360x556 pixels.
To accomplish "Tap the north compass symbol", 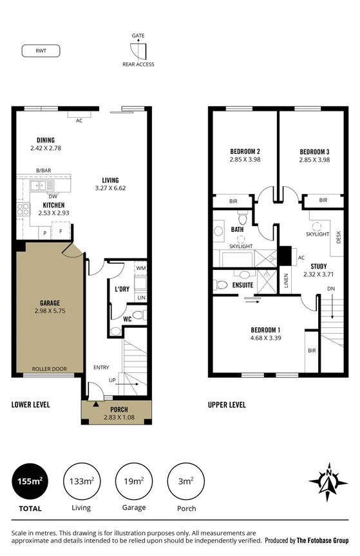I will (328, 481).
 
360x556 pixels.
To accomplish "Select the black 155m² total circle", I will (30, 481).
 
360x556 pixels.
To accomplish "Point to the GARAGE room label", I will (50, 303).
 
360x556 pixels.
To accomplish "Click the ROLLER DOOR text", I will (50, 369).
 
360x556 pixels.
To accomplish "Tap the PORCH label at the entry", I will (118, 410).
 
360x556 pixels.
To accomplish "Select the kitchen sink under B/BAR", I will (40, 186).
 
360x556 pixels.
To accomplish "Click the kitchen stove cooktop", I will (23, 209).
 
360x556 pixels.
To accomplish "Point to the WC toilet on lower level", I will (116, 331).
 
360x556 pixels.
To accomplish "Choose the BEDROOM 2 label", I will (245, 152).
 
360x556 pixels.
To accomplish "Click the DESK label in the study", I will (339, 236).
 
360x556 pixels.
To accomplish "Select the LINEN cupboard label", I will (287, 281).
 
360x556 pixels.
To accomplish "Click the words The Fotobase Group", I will (323, 541).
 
